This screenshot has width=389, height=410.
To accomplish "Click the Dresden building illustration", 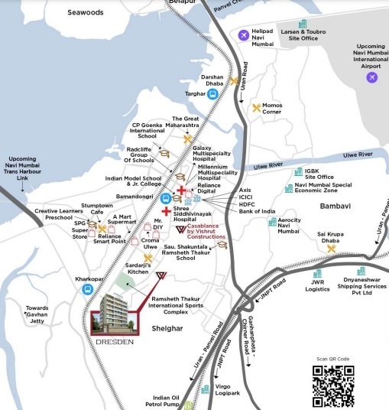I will point(115,312).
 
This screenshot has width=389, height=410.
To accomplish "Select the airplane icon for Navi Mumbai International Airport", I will point(372,77).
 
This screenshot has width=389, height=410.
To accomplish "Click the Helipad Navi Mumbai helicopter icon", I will point(243,35).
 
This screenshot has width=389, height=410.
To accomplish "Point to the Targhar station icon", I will point(214,94).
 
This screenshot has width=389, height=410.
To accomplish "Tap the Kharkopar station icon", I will point(89,290).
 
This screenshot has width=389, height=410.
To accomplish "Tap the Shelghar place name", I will point(167,328).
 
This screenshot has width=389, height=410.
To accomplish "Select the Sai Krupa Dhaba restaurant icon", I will point(332,248).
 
